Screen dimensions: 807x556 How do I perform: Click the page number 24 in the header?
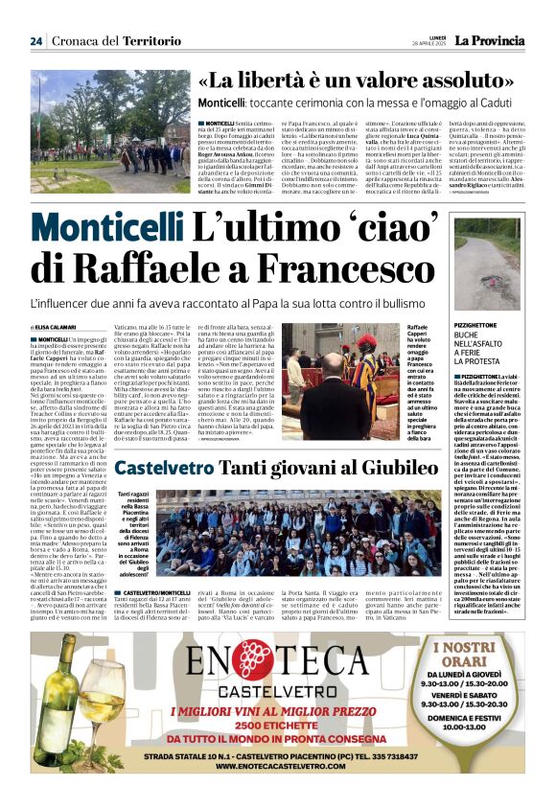[35, 40]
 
